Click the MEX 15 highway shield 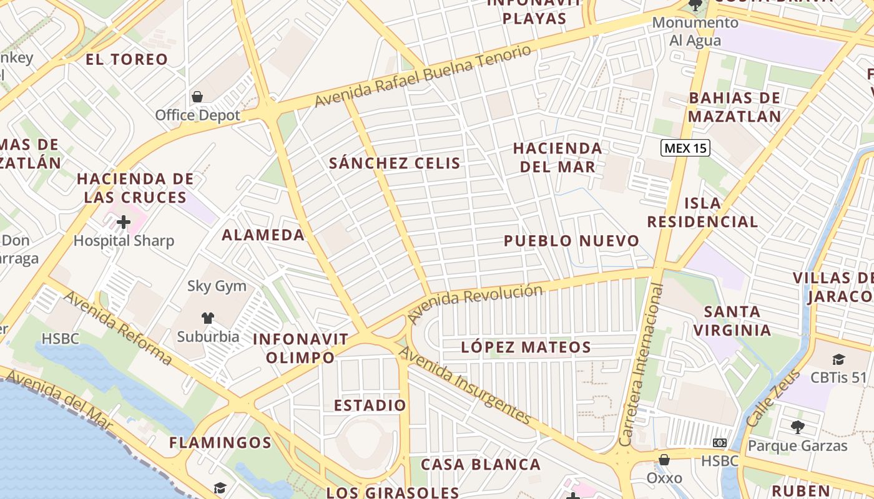pyautogui.click(x=685, y=148)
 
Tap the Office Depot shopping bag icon pyautogui.click(x=197, y=97)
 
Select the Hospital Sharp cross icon pyautogui.click(x=124, y=221)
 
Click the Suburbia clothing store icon pyautogui.click(x=208, y=318)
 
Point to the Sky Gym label pyautogui.click(x=217, y=286)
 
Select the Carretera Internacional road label pyautogui.click(x=641, y=364)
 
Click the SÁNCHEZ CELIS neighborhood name pyautogui.click(x=395, y=163)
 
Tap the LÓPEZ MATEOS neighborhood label pyautogui.click(x=526, y=347)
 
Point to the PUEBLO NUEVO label pyautogui.click(x=571, y=241)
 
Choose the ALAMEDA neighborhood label pyautogui.click(x=263, y=235)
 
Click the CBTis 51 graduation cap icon pyautogui.click(x=838, y=360)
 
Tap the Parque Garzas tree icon pyautogui.click(x=797, y=427)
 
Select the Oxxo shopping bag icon pyautogui.click(x=664, y=460)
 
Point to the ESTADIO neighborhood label pyautogui.click(x=370, y=405)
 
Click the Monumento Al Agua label pyautogui.click(x=695, y=32)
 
